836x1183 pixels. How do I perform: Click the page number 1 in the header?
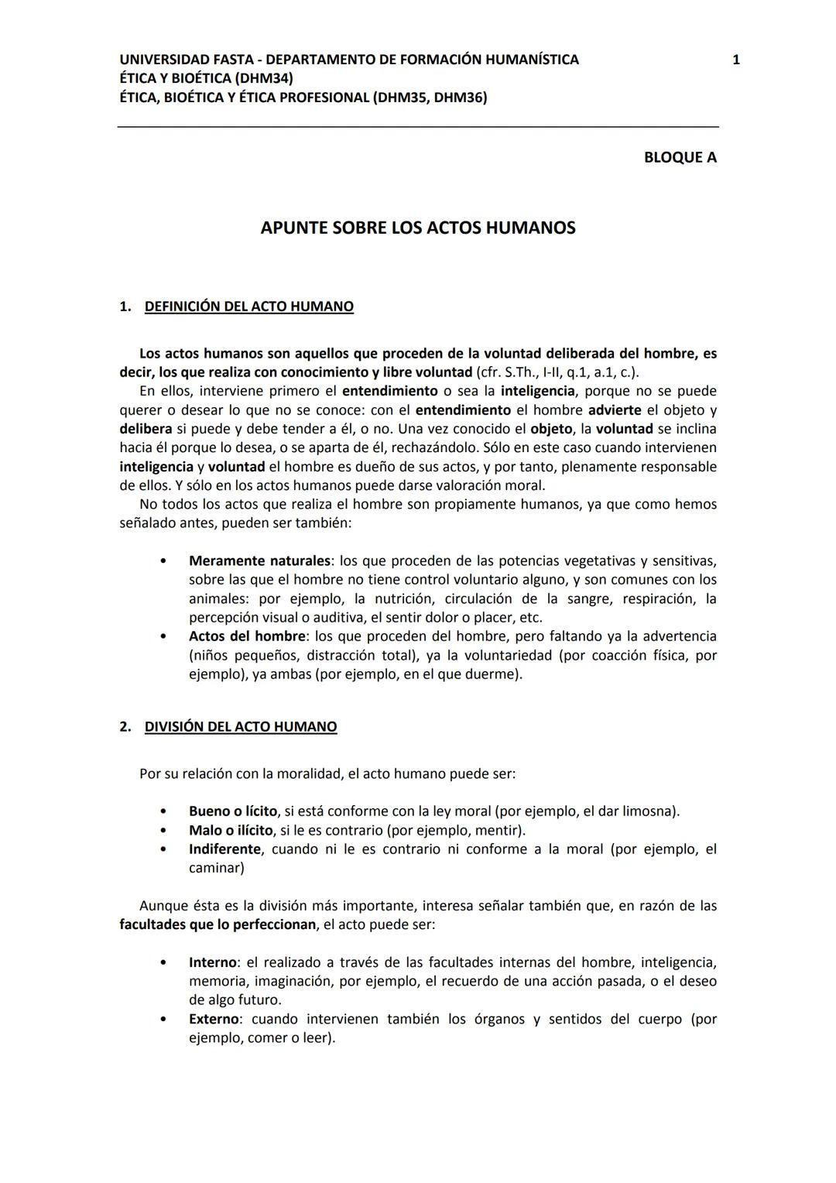point(735,60)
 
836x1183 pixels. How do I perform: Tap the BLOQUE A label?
point(680,157)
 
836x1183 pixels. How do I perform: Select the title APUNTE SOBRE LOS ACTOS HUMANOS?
point(417,228)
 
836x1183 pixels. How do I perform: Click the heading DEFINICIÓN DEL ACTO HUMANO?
point(248,307)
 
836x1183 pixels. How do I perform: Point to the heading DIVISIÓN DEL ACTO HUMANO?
point(240,727)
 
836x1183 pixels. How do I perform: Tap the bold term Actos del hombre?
point(247,636)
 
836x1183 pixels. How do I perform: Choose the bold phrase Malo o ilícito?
point(231,830)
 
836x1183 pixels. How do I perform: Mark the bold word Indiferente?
point(224,849)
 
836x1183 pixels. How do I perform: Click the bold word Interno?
point(212,962)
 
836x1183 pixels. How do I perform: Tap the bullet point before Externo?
point(163,1020)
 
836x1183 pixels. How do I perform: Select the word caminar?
point(214,868)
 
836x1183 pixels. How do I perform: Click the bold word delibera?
point(146,429)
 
